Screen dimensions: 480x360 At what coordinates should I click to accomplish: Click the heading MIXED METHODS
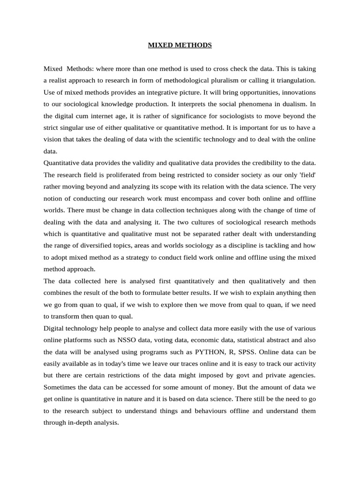[x=180, y=45]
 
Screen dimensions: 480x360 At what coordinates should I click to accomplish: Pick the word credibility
[x=263, y=163]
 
